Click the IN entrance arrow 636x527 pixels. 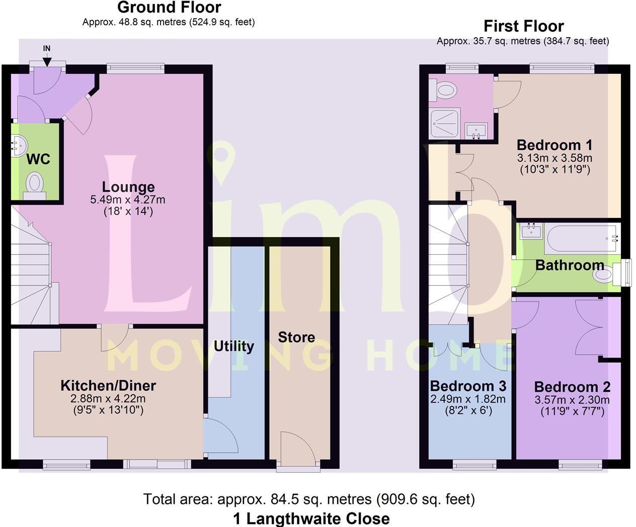(x=47, y=59)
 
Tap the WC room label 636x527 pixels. (x=38, y=159)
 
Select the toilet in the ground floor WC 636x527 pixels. (x=34, y=184)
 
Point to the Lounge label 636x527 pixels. (x=128, y=187)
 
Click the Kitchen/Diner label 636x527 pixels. (x=108, y=385)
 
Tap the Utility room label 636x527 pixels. (x=233, y=346)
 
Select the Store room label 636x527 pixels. (x=296, y=337)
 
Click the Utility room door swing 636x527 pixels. (x=221, y=436)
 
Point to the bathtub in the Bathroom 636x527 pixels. (x=582, y=239)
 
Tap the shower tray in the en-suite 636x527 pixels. (x=444, y=124)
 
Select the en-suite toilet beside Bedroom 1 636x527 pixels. (x=444, y=90)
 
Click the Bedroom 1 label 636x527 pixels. (x=554, y=145)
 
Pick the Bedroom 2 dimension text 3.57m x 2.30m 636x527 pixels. (x=572, y=400)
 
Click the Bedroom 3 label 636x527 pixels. (x=468, y=386)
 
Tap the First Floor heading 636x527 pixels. (x=523, y=26)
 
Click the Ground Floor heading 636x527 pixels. (x=169, y=8)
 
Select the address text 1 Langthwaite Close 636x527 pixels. (x=311, y=518)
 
